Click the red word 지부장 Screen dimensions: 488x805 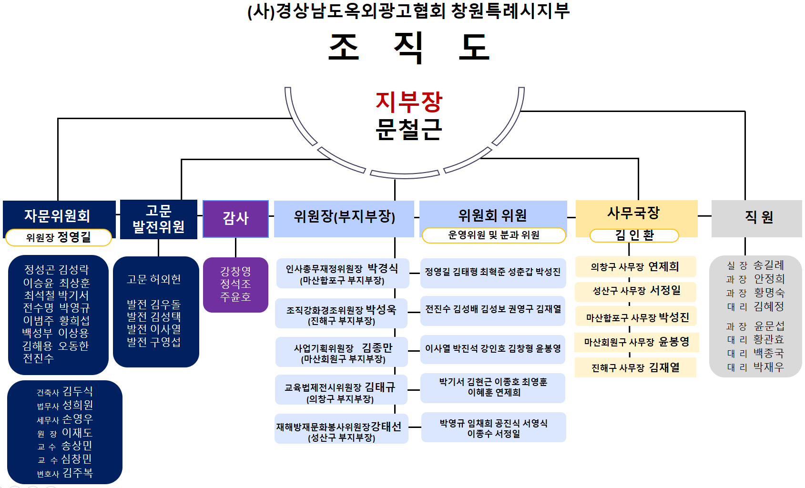point(409,102)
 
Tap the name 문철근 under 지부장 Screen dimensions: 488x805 point(409,129)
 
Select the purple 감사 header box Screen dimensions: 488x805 point(235,219)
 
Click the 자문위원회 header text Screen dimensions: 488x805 point(57,216)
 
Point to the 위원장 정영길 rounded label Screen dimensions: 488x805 point(59,237)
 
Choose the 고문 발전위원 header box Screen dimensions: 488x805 point(158,219)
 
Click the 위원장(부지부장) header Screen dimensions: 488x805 point(344,217)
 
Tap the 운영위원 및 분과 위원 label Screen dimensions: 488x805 point(494,235)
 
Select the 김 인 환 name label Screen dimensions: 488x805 point(634,235)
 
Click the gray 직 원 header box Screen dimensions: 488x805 point(756,218)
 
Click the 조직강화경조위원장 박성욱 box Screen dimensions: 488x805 point(341,315)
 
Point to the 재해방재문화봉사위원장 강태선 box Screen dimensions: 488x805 point(341,431)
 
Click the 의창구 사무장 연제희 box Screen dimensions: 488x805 point(635,267)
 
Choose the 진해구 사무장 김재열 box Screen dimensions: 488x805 point(635,368)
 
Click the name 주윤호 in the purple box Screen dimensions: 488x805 point(235,297)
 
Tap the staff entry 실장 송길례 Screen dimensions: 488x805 point(755,265)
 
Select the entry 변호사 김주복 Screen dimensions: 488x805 point(65,473)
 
